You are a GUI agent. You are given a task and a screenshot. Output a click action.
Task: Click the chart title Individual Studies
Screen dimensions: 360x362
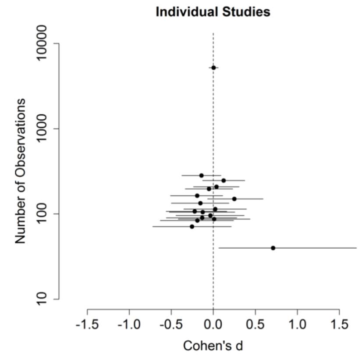click(x=213, y=12)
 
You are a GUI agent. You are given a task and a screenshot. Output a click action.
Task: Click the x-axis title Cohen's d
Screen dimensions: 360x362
click(x=213, y=346)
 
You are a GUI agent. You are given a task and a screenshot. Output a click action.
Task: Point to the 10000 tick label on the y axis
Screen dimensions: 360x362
click(x=42, y=44)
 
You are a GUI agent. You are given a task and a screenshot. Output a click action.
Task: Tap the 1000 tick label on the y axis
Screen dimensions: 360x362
click(x=42, y=129)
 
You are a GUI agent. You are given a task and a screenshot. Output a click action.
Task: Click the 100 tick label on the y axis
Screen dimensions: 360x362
click(x=42, y=214)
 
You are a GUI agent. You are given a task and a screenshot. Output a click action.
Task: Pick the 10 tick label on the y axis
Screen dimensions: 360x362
click(x=42, y=299)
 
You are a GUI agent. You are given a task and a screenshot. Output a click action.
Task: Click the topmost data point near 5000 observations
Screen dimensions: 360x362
click(x=213, y=68)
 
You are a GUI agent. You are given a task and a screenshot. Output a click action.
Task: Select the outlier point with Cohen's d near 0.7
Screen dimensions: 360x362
click(x=273, y=248)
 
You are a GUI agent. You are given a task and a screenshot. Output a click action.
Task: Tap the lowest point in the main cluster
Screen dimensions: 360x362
click(x=192, y=226)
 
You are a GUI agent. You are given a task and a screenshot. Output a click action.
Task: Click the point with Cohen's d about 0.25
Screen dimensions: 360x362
click(x=234, y=199)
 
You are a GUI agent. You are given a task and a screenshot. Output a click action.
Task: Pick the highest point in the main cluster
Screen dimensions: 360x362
click(x=202, y=175)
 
